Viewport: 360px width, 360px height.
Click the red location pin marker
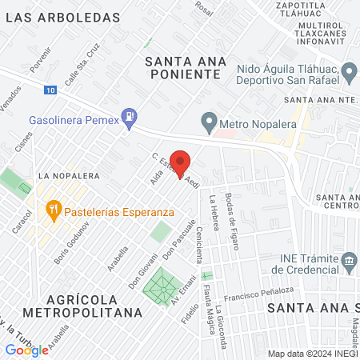pyautogui.click(x=181, y=162)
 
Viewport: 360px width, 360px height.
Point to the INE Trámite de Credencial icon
pyautogui.click(x=349, y=262)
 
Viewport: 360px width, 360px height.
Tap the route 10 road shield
pyautogui.click(x=51, y=93)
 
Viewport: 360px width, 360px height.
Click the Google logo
pyautogui.click(x=26, y=350)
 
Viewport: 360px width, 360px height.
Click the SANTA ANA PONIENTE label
pyautogui.click(x=182, y=67)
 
